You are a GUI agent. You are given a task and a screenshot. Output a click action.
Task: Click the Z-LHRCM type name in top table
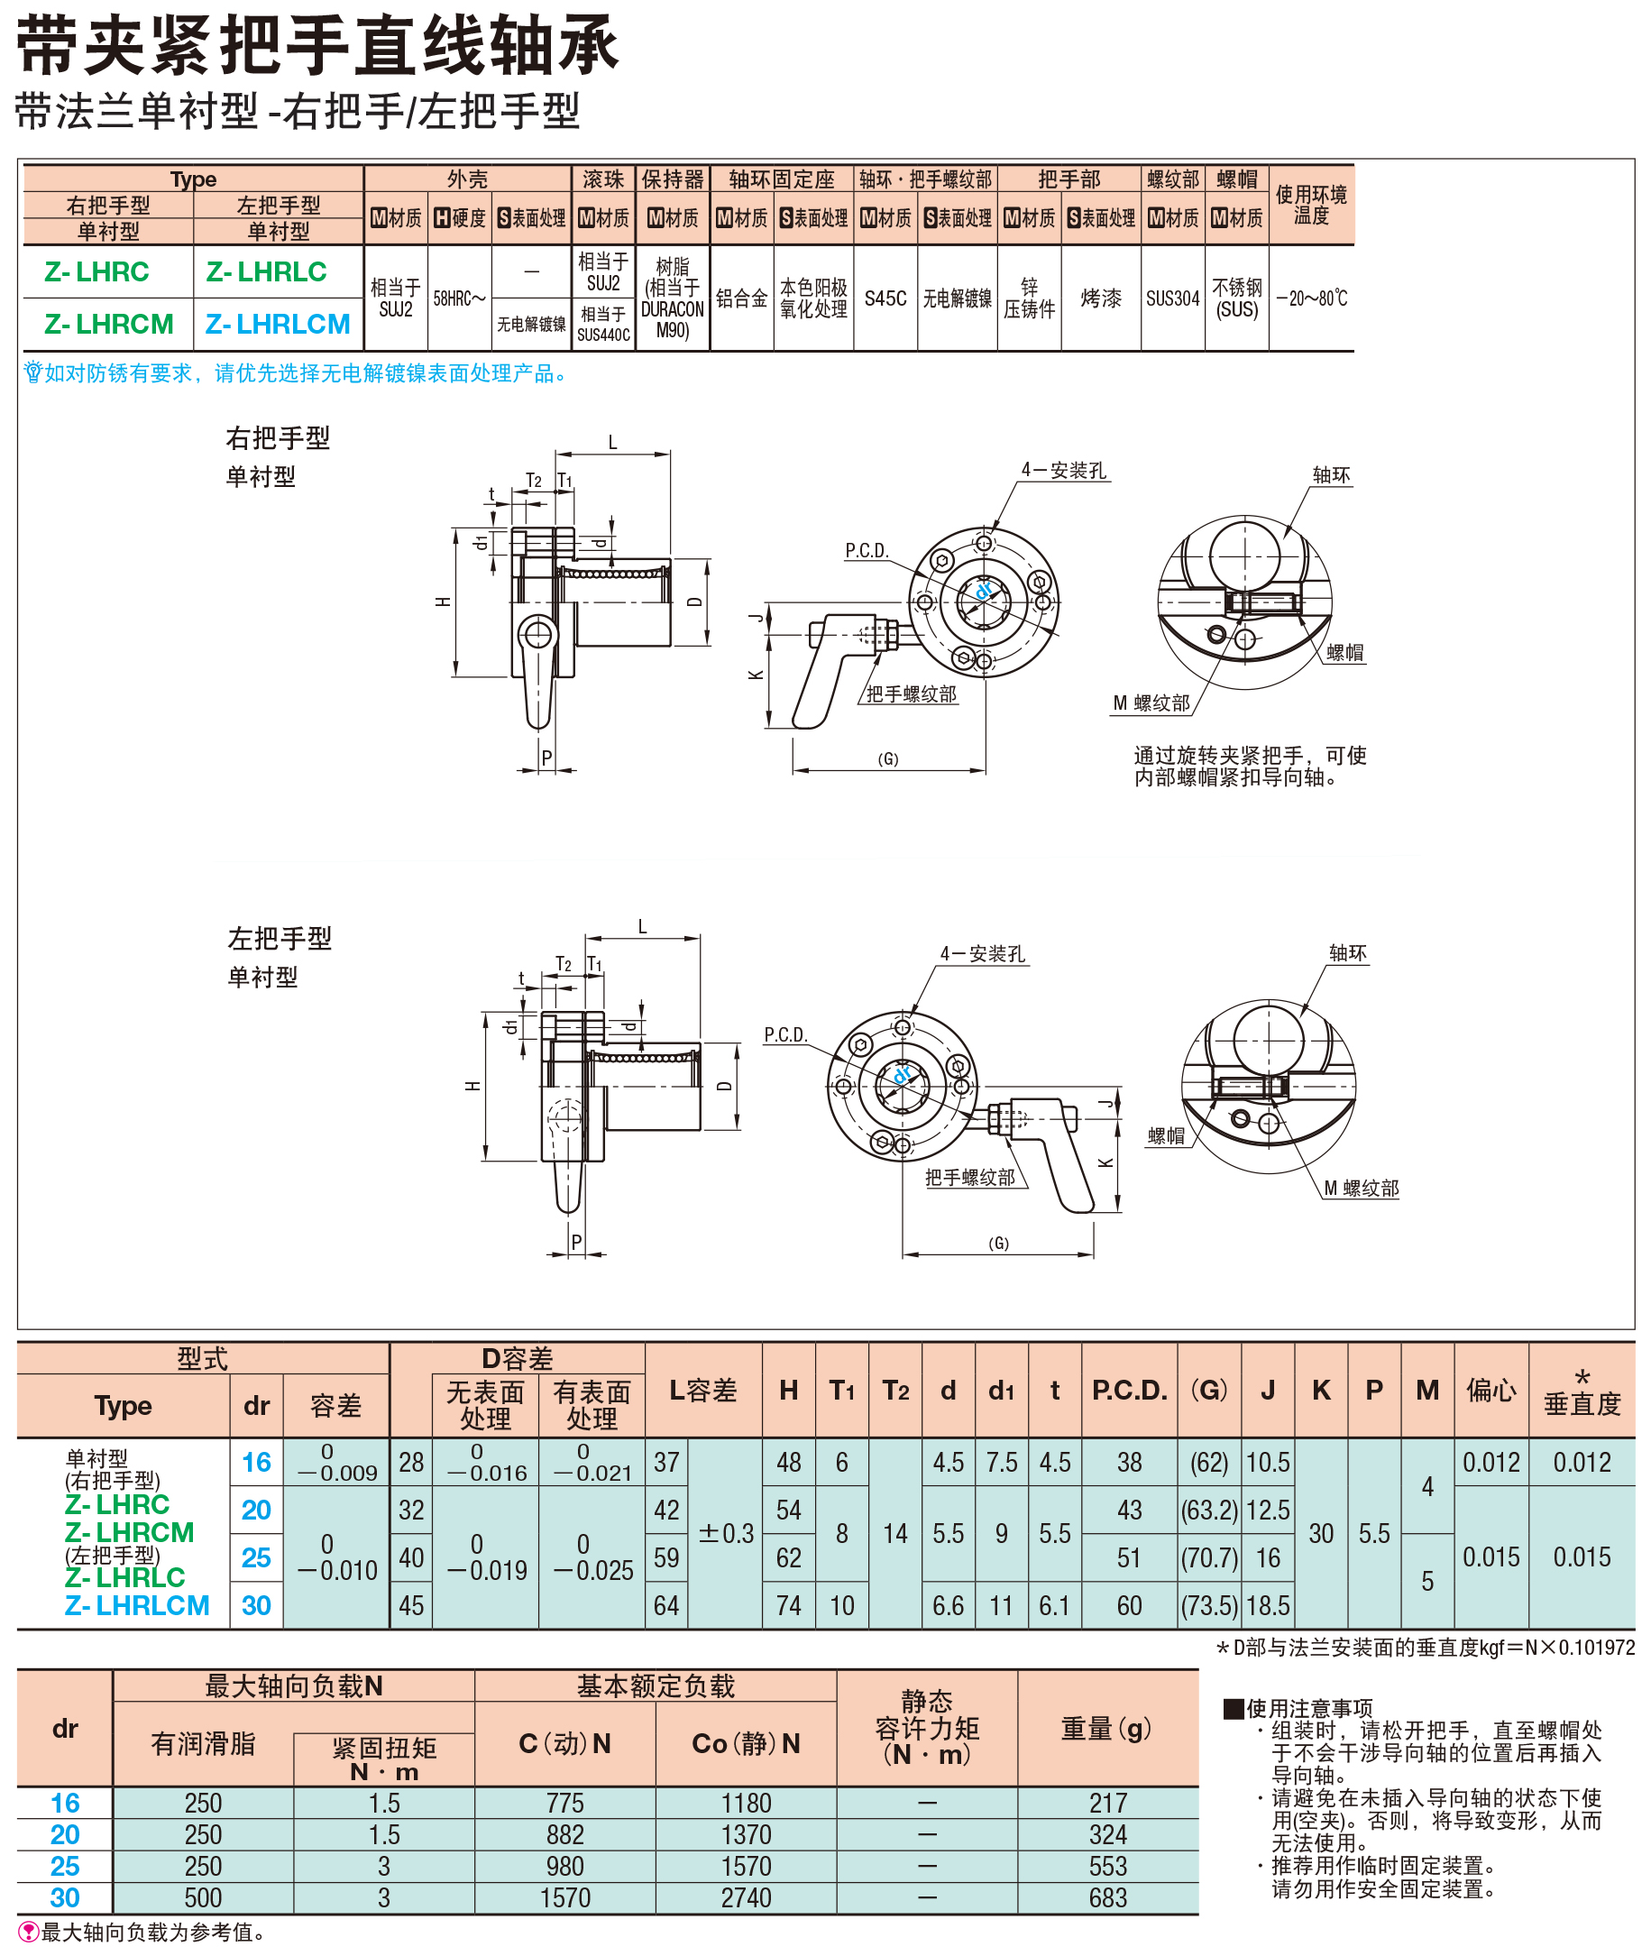pos(108,324)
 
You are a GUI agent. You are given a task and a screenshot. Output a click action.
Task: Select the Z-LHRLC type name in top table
pos(266,271)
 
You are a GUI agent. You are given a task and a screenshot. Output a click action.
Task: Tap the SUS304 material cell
pos(1172,298)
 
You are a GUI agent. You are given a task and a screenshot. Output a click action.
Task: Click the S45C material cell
pos(885,298)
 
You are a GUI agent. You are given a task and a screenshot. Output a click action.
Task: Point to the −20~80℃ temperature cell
pos(1310,298)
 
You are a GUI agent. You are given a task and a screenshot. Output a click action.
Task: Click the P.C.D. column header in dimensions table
pos(1129,1390)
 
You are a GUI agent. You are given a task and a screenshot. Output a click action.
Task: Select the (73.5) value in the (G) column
pos(1208,1605)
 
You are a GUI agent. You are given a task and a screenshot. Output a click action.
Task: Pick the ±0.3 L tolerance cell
pos(725,1533)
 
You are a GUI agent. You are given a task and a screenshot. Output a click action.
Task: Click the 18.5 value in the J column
pos(1267,1605)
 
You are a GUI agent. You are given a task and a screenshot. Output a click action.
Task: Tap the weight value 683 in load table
pos(1107,1897)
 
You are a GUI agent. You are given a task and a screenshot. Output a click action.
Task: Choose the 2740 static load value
pos(746,1897)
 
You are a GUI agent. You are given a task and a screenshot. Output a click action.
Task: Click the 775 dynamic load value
pos(564,1803)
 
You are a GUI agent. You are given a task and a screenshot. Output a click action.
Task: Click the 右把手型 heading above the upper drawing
pos(278,438)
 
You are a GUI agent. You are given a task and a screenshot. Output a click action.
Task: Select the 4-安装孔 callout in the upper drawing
pos(1063,470)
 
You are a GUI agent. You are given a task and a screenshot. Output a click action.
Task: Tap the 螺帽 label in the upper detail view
pos(1344,652)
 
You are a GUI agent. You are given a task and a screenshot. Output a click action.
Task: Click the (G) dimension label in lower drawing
pos(999,1243)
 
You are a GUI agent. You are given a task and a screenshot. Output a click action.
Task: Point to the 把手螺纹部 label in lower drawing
pos(969,1178)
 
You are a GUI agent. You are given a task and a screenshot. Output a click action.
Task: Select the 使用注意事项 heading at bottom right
pos(1308,1708)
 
